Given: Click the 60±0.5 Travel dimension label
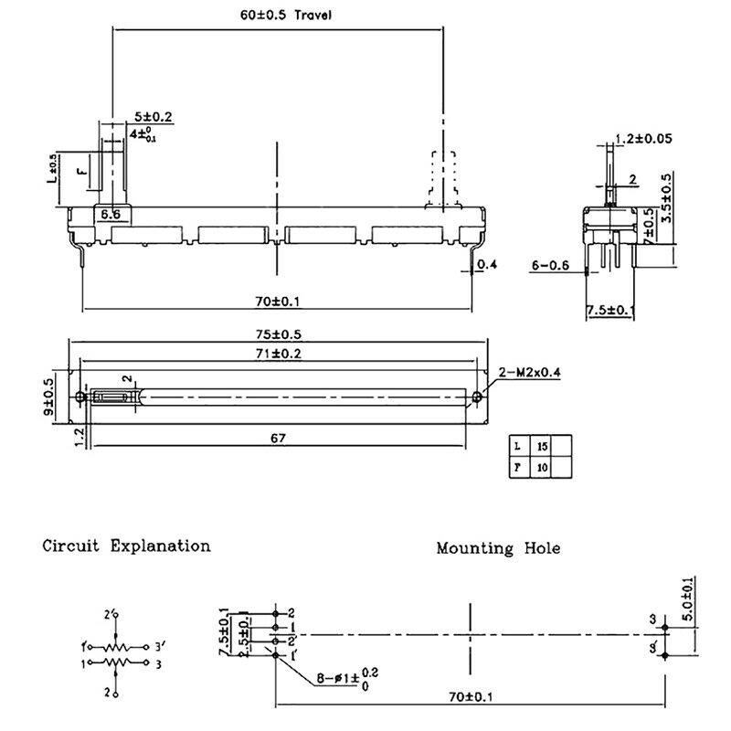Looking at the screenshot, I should tap(275, 16).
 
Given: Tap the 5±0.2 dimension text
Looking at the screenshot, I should tap(154, 117).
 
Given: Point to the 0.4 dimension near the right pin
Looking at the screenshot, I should tap(488, 266).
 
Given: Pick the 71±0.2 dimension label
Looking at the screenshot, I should tap(280, 353).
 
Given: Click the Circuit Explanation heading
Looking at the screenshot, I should tap(126, 546).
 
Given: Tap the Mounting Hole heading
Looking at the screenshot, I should tap(498, 548).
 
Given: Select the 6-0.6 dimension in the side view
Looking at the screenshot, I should tap(550, 265).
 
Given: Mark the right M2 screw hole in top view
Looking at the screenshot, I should tap(478, 397).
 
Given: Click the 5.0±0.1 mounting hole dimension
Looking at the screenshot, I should tap(686, 599).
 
